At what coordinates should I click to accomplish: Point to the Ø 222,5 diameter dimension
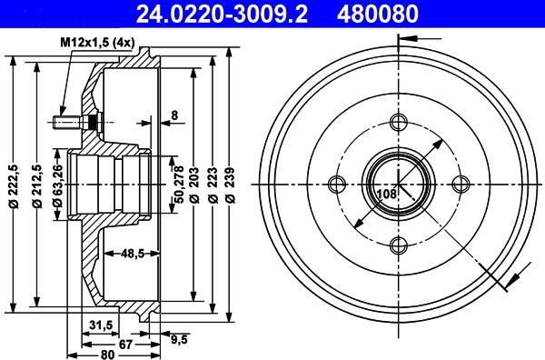click(12, 185)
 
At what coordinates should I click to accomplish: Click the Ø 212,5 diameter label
click(35, 185)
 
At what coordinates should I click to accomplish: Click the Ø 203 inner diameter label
click(193, 185)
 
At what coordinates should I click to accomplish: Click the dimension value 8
click(173, 115)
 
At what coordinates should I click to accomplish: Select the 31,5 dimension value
click(101, 325)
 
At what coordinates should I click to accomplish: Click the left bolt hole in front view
click(337, 185)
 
